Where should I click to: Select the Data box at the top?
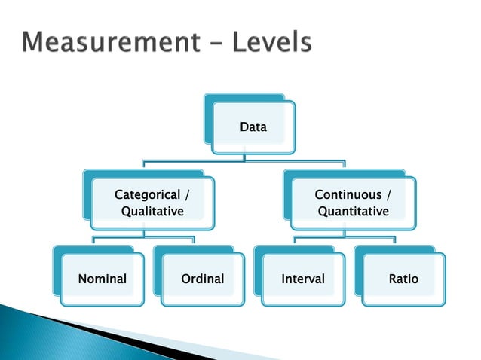253,127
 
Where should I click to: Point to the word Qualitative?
152,212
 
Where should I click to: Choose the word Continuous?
348,196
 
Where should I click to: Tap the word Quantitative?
353,212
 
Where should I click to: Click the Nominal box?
103,279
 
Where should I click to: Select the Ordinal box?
203,279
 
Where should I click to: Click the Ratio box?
403,279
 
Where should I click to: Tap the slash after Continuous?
389,196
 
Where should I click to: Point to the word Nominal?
103,279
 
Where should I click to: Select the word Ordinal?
203,279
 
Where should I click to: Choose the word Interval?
303,279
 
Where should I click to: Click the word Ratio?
403,279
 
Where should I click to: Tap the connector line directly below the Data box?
244,155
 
